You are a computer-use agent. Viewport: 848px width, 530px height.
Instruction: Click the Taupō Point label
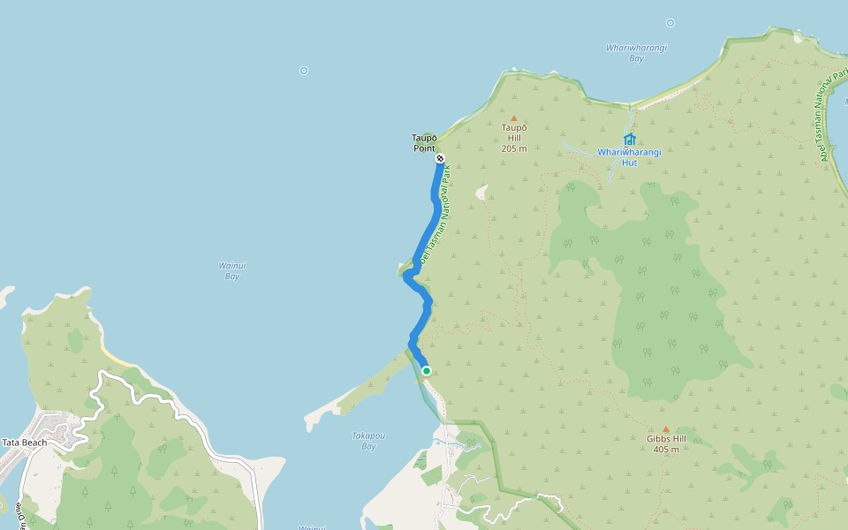[x=425, y=142]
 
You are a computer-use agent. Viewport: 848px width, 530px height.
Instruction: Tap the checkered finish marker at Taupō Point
[x=440, y=159]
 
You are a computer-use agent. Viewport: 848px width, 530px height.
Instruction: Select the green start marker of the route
[x=427, y=371]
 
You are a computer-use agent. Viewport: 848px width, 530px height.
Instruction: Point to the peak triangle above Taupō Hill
[x=513, y=117]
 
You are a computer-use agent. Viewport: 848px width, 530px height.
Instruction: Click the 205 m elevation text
[x=513, y=148]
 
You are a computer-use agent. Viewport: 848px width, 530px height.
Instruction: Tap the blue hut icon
[x=630, y=139]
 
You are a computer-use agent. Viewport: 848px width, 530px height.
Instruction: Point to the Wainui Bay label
[x=230, y=270]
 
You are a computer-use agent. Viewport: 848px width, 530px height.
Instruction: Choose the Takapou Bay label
[x=368, y=441]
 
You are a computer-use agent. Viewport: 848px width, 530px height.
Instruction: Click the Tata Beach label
[x=24, y=443]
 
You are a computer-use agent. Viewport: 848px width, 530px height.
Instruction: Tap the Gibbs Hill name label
[x=666, y=438]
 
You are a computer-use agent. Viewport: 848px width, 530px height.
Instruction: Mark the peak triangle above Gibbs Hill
[x=666, y=429]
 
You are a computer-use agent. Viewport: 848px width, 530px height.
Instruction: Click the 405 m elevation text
[x=666, y=450]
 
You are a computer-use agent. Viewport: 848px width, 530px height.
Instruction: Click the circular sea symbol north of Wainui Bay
[x=304, y=71]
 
